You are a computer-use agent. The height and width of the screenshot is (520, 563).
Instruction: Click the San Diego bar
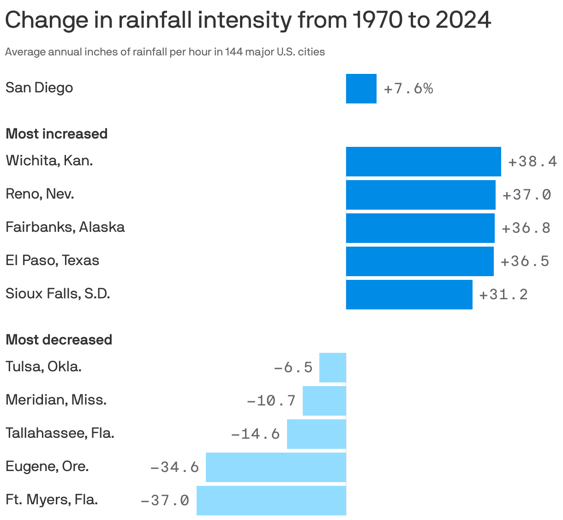click(x=361, y=89)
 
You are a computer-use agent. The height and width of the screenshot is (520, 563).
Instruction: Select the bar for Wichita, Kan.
click(x=423, y=162)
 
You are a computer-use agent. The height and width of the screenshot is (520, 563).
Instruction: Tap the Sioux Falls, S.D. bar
click(x=409, y=295)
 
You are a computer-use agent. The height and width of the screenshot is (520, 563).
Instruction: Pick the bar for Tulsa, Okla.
click(x=332, y=368)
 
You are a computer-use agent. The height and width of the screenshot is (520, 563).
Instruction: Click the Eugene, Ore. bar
click(x=276, y=467)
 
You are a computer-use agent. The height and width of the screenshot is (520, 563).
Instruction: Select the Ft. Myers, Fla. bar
click(x=271, y=501)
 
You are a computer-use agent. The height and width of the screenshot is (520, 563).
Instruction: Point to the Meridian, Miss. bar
click(x=324, y=401)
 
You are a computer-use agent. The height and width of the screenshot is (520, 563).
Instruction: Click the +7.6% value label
click(x=408, y=89)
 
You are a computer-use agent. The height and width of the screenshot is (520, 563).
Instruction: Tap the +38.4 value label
click(x=532, y=162)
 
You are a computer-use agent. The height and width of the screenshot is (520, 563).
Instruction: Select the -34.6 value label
click(x=174, y=467)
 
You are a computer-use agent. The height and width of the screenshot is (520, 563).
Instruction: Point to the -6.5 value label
click(x=293, y=368)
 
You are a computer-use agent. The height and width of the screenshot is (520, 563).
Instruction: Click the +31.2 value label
click(x=503, y=295)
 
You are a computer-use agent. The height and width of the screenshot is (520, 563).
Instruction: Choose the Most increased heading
click(x=56, y=134)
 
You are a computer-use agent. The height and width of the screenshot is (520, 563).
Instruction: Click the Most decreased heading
click(x=59, y=340)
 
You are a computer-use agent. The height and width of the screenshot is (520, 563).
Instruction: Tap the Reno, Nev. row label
click(x=40, y=194)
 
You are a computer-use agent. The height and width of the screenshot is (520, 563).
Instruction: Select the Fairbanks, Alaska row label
click(x=65, y=227)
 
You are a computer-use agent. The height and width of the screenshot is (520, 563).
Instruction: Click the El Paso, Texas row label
click(x=52, y=260)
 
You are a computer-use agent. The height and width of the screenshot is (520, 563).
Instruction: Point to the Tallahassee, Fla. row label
click(x=60, y=433)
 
